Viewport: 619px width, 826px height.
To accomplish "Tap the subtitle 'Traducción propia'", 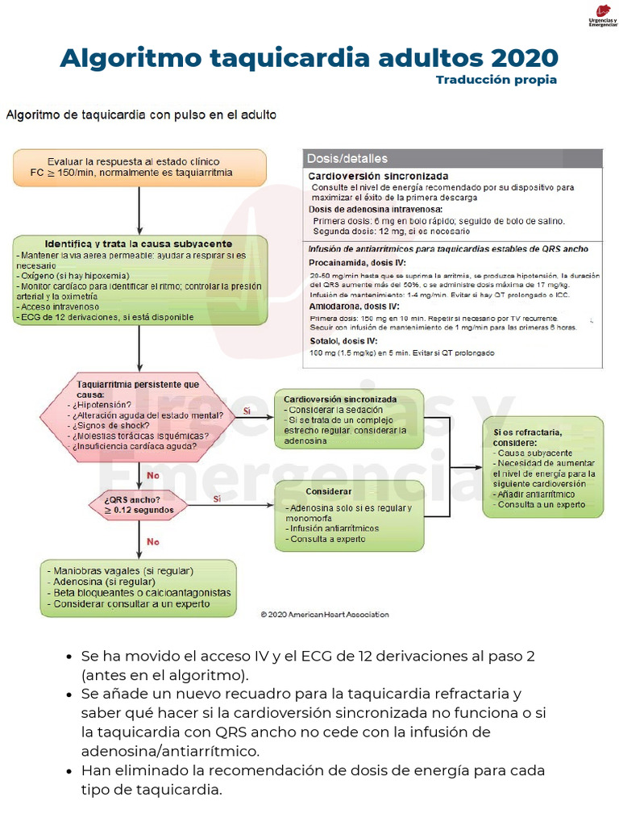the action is click(x=496, y=80).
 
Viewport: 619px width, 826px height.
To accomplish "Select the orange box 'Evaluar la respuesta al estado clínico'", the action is click(x=139, y=167).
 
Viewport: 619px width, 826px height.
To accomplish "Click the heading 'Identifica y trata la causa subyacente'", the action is click(x=139, y=244).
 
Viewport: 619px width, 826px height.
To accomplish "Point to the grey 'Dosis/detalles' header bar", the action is click(x=453, y=158).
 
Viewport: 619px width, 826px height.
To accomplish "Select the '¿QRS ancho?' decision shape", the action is click(x=139, y=504).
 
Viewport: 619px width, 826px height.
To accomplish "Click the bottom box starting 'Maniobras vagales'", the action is click(x=139, y=587).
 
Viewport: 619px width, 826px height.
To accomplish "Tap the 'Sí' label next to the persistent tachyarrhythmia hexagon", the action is click(x=247, y=411).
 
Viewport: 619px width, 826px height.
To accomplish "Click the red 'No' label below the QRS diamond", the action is click(x=152, y=542).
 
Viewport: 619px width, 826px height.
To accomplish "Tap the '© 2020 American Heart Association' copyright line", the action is click(x=324, y=614).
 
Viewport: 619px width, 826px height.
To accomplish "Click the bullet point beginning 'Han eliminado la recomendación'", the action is click(x=313, y=779).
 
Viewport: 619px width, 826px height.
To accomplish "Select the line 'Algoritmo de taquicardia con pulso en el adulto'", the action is click(x=141, y=115).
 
